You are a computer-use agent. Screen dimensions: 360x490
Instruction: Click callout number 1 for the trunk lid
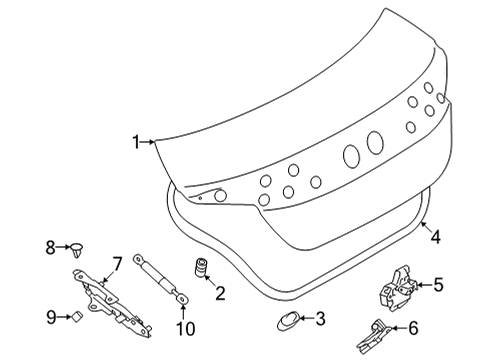(137, 141)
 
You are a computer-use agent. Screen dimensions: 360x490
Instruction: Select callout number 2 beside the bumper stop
(220, 293)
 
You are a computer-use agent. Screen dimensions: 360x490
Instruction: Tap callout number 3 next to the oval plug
(320, 320)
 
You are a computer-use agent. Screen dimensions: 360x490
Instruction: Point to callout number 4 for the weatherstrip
(435, 237)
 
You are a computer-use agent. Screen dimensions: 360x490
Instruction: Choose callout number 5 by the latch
(437, 285)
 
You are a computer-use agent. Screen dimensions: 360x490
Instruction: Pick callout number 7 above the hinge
(116, 263)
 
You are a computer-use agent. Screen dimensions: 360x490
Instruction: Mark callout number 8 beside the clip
(50, 245)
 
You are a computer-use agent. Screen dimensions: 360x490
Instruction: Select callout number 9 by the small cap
(50, 317)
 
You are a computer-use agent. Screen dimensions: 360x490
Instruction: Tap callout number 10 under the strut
(183, 329)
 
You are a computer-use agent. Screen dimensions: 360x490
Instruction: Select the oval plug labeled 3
(287, 320)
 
